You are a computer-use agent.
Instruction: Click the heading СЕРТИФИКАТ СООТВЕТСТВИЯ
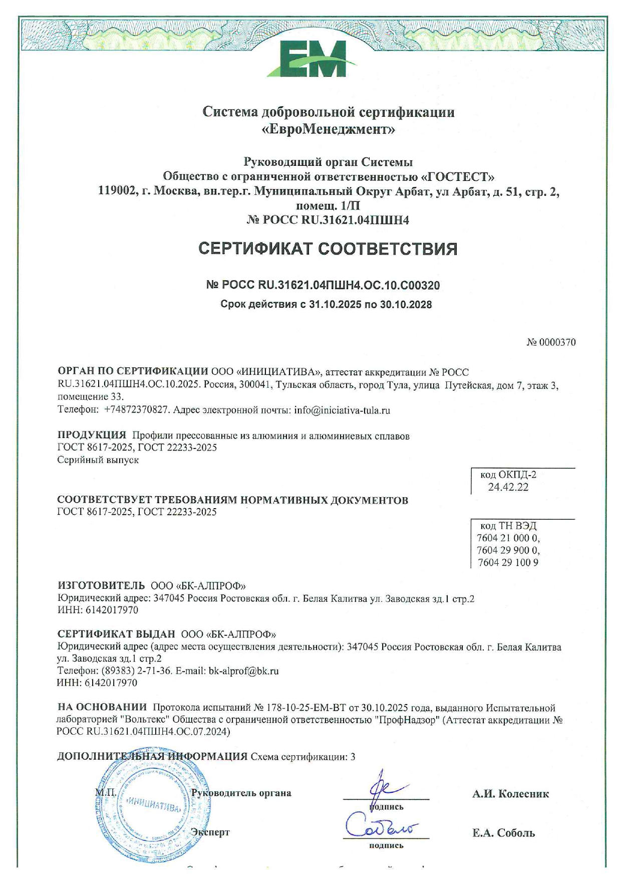328,249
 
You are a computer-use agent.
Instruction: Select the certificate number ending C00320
323,285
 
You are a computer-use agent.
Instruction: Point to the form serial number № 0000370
551,342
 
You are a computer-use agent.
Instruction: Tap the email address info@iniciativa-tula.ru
342,410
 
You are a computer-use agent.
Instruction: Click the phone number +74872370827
136,410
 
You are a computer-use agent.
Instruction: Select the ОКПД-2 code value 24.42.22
508,487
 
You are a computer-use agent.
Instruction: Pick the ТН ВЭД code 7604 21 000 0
508,538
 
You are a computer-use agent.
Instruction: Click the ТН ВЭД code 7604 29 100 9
508,562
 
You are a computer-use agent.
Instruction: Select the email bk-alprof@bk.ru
243,671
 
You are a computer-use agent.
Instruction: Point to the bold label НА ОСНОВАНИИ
102,707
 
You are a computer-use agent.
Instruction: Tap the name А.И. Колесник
510,794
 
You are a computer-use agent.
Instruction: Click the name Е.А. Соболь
503,833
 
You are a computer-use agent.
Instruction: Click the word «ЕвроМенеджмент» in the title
329,130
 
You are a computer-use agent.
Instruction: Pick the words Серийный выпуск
98,460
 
